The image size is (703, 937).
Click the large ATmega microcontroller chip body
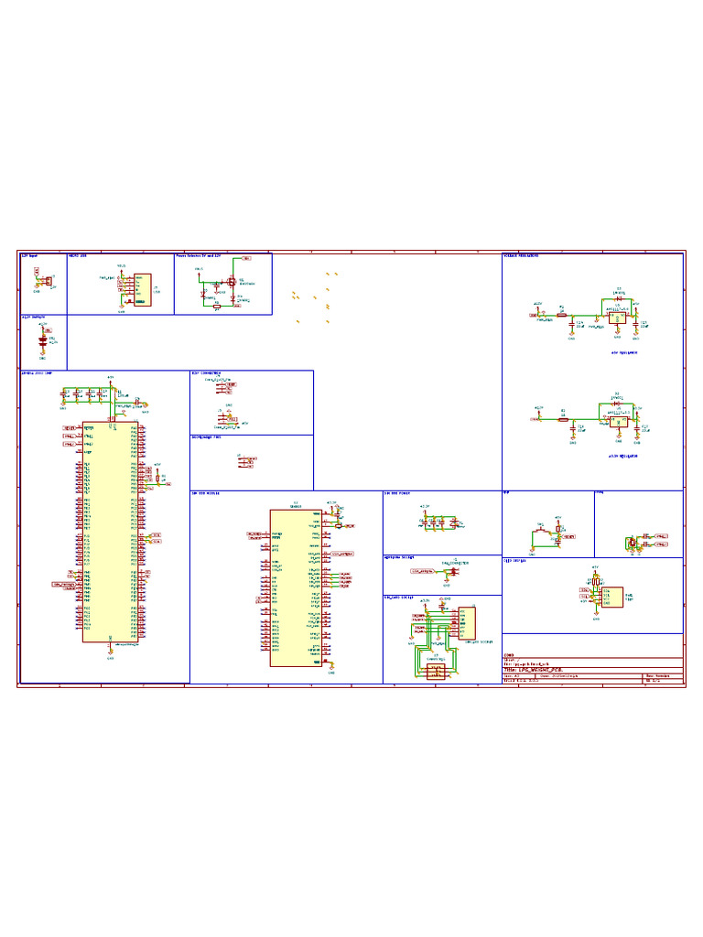[110, 531]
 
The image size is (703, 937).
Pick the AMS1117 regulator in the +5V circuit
[619, 316]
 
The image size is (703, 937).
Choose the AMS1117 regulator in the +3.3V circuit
[619, 417]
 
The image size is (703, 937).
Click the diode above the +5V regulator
[619, 298]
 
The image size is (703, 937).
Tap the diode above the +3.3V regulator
[619, 400]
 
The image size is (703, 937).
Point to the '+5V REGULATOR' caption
[623, 351]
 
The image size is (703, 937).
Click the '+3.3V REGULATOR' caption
[623, 455]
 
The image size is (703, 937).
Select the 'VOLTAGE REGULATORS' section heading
[521, 256]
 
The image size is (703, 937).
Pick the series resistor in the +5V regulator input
[562, 317]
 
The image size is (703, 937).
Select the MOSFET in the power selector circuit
[232, 281]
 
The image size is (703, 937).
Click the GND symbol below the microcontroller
[110, 653]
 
